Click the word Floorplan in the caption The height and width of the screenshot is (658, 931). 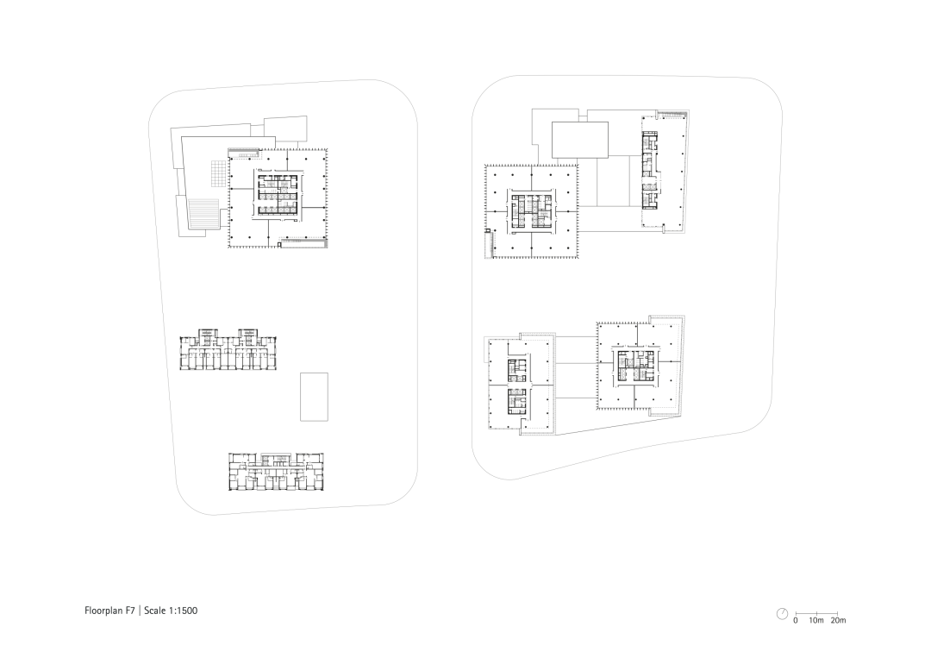104,611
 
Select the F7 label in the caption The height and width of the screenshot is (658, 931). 131,611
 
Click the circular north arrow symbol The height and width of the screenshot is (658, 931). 782,614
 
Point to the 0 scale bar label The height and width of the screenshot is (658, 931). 796,621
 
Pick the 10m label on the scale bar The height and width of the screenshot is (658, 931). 816,621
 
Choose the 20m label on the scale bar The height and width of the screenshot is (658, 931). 839,621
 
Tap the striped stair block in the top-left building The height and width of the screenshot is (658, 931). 204,214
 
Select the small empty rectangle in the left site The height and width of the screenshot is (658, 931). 314,397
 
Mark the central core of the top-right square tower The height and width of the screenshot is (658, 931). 531,212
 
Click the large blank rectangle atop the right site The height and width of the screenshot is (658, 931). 580,140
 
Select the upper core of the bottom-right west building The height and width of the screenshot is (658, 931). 516,371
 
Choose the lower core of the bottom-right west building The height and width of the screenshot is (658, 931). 516,402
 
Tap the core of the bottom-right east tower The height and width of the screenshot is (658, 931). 636,366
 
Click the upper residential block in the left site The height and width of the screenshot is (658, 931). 230,350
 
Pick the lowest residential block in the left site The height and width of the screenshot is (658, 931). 277,472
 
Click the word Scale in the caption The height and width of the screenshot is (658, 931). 154,611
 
